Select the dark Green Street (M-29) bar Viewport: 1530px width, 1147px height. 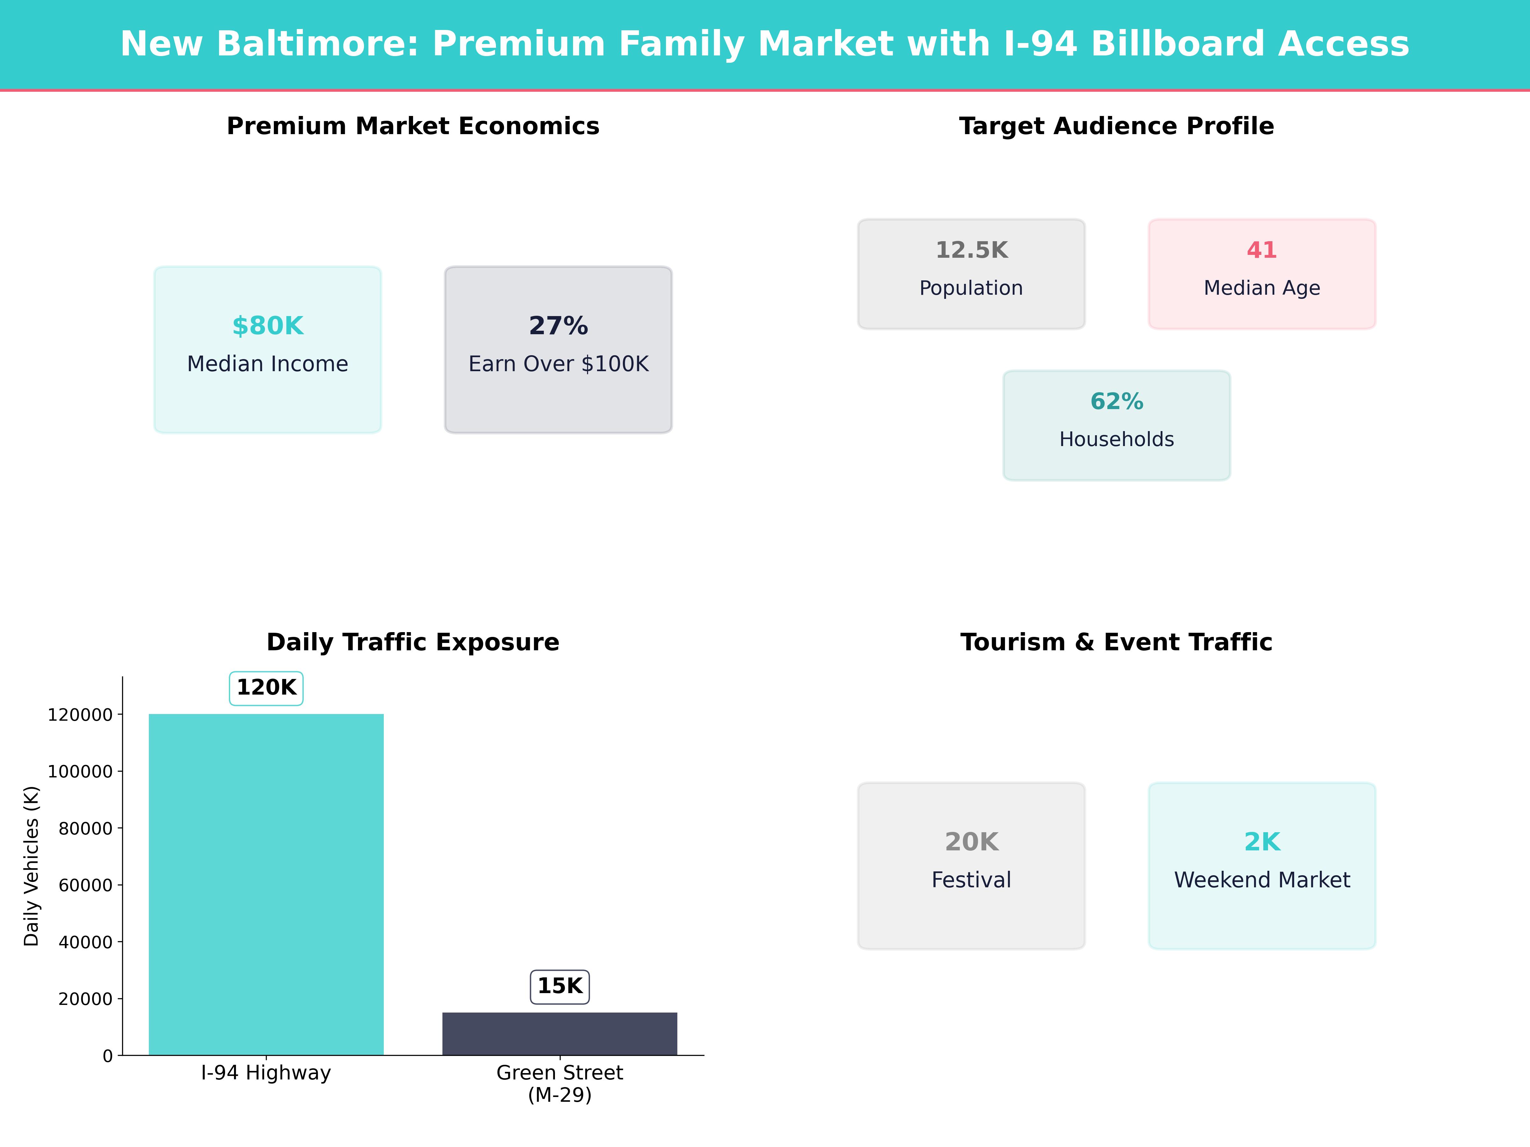pos(560,1034)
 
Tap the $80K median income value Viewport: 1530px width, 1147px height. pos(268,326)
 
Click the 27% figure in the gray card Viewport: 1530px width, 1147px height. pos(558,326)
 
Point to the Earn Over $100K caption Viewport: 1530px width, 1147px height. pos(558,364)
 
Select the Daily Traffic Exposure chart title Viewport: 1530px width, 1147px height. pos(413,642)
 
